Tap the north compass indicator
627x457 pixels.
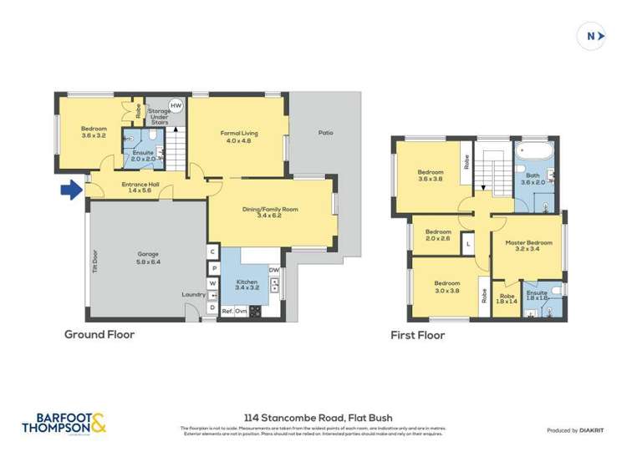(x=592, y=36)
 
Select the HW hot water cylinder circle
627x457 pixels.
(x=176, y=106)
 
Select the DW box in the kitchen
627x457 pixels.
(x=273, y=270)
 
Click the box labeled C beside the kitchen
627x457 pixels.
(x=213, y=251)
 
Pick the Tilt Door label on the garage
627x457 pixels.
(x=95, y=263)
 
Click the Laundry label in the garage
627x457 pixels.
(x=193, y=294)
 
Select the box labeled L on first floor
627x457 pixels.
(x=468, y=243)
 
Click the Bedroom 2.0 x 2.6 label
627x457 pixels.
(x=437, y=235)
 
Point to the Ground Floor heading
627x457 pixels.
(x=99, y=334)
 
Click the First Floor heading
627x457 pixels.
(x=418, y=335)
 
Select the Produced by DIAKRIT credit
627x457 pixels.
(x=574, y=430)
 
